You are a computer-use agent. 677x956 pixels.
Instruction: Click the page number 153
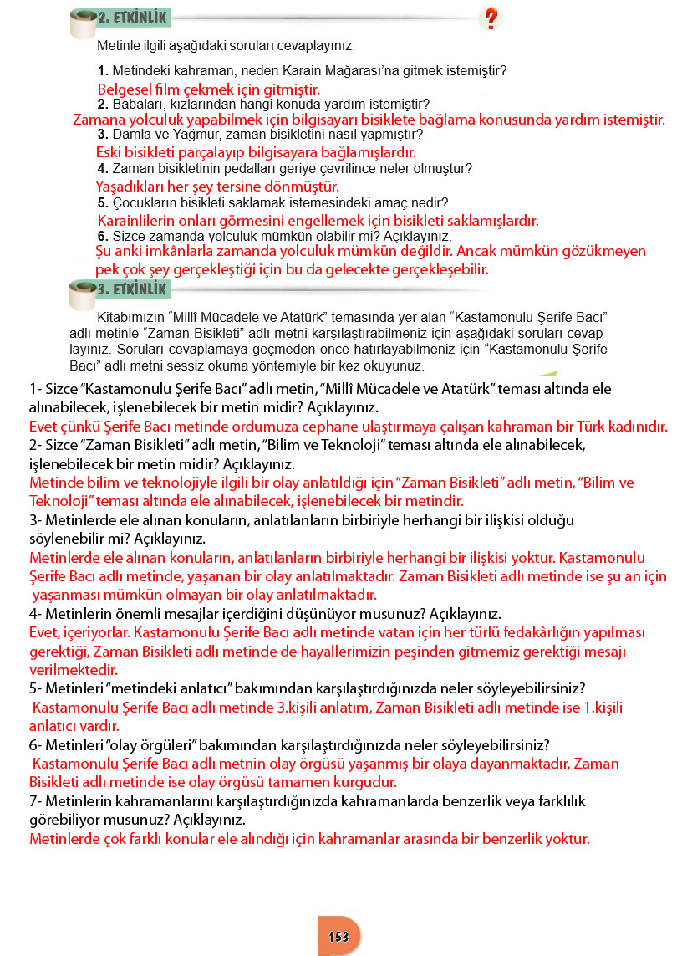click(x=338, y=936)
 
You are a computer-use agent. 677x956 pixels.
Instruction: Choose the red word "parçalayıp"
click(x=194, y=152)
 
